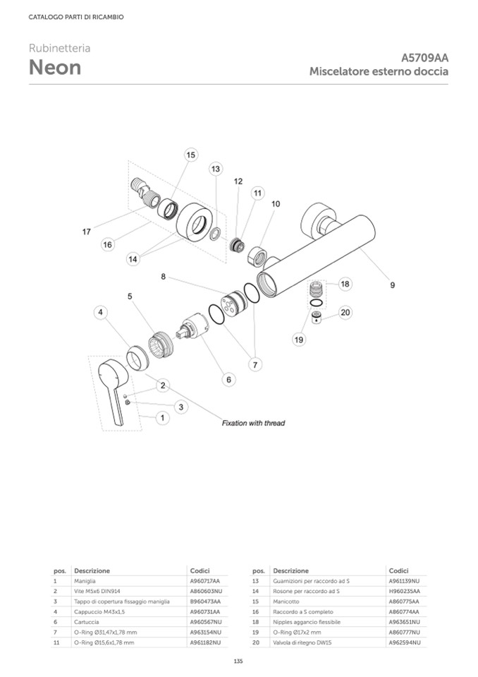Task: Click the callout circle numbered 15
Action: click(190, 155)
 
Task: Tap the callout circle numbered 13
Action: click(216, 169)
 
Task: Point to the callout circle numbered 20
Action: click(345, 312)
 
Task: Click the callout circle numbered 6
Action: click(228, 380)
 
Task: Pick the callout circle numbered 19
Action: click(298, 340)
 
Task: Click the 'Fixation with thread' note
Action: click(253, 423)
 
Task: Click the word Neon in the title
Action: click(55, 68)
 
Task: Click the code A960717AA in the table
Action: click(205, 580)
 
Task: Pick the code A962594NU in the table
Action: click(404, 643)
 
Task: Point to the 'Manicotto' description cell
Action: click(286, 601)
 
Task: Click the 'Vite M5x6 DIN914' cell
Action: click(96, 590)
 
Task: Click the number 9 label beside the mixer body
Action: click(392, 285)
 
